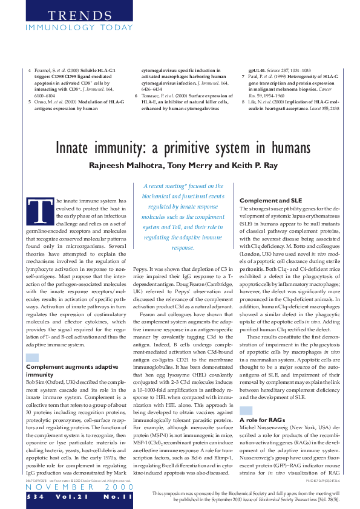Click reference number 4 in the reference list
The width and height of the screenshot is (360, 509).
[30, 71]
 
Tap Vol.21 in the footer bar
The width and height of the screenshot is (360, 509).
[71, 496]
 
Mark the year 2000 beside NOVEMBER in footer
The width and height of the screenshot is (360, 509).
[112, 487]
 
